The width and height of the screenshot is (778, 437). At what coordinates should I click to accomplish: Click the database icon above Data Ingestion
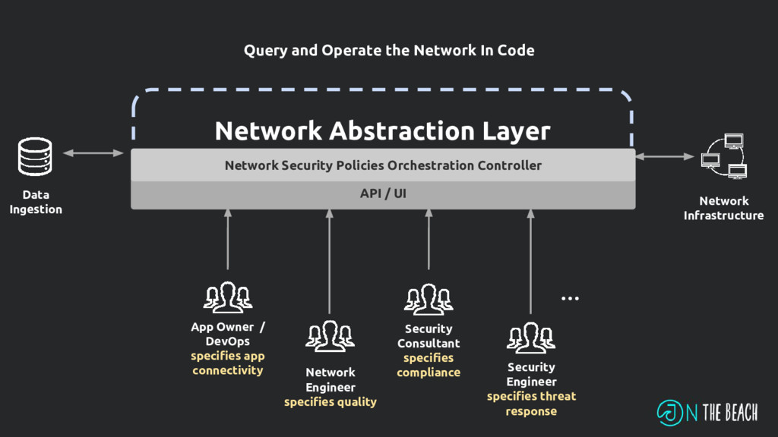point(35,157)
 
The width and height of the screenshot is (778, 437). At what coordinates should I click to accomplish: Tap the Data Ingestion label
point(36,202)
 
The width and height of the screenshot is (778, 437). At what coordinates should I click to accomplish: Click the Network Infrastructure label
point(723,208)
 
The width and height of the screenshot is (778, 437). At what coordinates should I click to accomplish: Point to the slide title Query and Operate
point(389,51)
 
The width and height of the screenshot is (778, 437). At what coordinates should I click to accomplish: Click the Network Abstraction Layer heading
point(382,130)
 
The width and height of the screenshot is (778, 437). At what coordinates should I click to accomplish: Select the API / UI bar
point(383,194)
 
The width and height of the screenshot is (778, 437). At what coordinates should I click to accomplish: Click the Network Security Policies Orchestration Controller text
point(383,165)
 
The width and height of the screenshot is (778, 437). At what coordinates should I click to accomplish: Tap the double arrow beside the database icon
point(93,153)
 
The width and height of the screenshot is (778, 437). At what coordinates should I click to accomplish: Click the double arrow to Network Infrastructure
point(665,156)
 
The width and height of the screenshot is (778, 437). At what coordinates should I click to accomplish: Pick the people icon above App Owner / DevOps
point(227,297)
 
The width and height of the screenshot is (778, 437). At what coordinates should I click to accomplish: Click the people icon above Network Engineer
point(330,336)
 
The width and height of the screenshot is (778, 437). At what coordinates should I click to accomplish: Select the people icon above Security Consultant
point(429,299)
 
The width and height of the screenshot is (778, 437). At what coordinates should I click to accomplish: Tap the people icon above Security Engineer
point(531,338)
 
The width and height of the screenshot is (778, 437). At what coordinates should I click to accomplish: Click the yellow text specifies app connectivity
point(227,363)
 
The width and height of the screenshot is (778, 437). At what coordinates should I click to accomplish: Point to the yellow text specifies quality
point(330,402)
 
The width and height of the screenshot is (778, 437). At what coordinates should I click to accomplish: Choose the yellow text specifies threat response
point(531,404)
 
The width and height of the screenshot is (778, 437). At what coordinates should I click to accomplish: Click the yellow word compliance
point(429,373)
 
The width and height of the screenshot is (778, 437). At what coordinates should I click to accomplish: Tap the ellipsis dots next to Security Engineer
point(570,299)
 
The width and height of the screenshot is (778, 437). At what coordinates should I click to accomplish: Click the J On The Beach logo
point(707,412)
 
